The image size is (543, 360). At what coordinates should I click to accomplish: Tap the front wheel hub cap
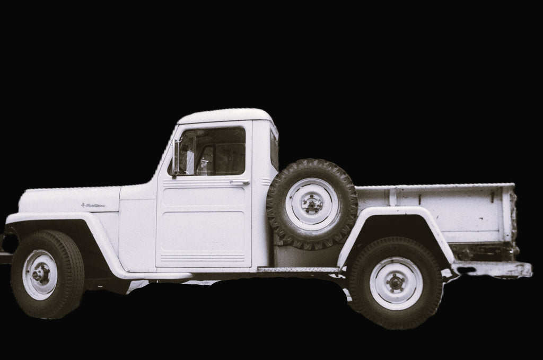click(x=40, y=274)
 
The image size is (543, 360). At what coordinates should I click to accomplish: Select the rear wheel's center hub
click(x=396, y=283)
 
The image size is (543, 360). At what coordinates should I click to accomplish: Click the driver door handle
click(x=240, y=182)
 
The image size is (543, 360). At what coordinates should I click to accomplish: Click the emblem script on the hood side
click(x=93, y=205)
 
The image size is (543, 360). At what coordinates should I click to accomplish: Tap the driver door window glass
click(x=215, y=151)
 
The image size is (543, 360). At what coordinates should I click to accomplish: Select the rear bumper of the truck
click(x=493, y=269)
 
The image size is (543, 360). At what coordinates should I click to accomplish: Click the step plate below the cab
click(x=297, y=270)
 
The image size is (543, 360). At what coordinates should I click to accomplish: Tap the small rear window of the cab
click(x=274, y=148)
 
